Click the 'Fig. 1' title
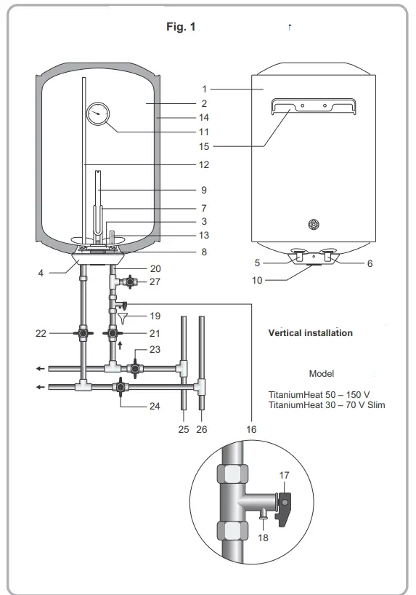pyautogui.click(x=182, y=27)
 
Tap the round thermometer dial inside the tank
pyautogui.click(x=98, y=114)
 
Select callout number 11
pyautogui.click(x=204, y=132)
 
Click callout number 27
pyautogui.click(x=154, y=281)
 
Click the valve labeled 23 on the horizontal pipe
pyautogui.click(x=135, y=369)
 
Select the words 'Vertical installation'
pyautogui.click(x=310, y=333)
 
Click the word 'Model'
pyautogui.click(x=321, y=373)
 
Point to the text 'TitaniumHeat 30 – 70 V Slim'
pyautogui.click(x=327, y=404)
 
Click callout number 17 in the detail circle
pyautogui.click(x=285, y=475)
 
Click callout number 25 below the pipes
pyautogui.click(x=184, y=430)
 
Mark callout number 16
pyautogui.click(x=251, y=430)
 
